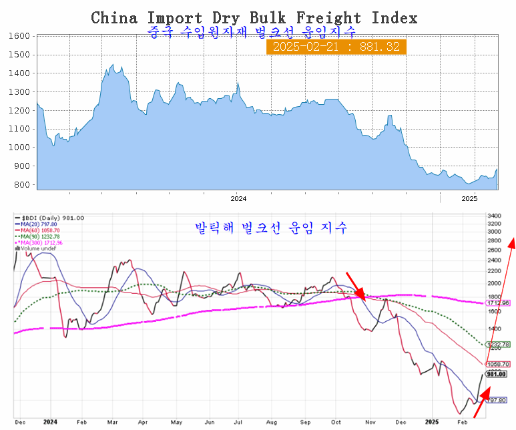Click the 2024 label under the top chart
pos(238,198)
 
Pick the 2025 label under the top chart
pos(470,198)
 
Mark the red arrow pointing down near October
pos(355,285)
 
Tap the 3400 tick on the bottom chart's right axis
pos(495,216)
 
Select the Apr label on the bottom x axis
pos(144,423)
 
